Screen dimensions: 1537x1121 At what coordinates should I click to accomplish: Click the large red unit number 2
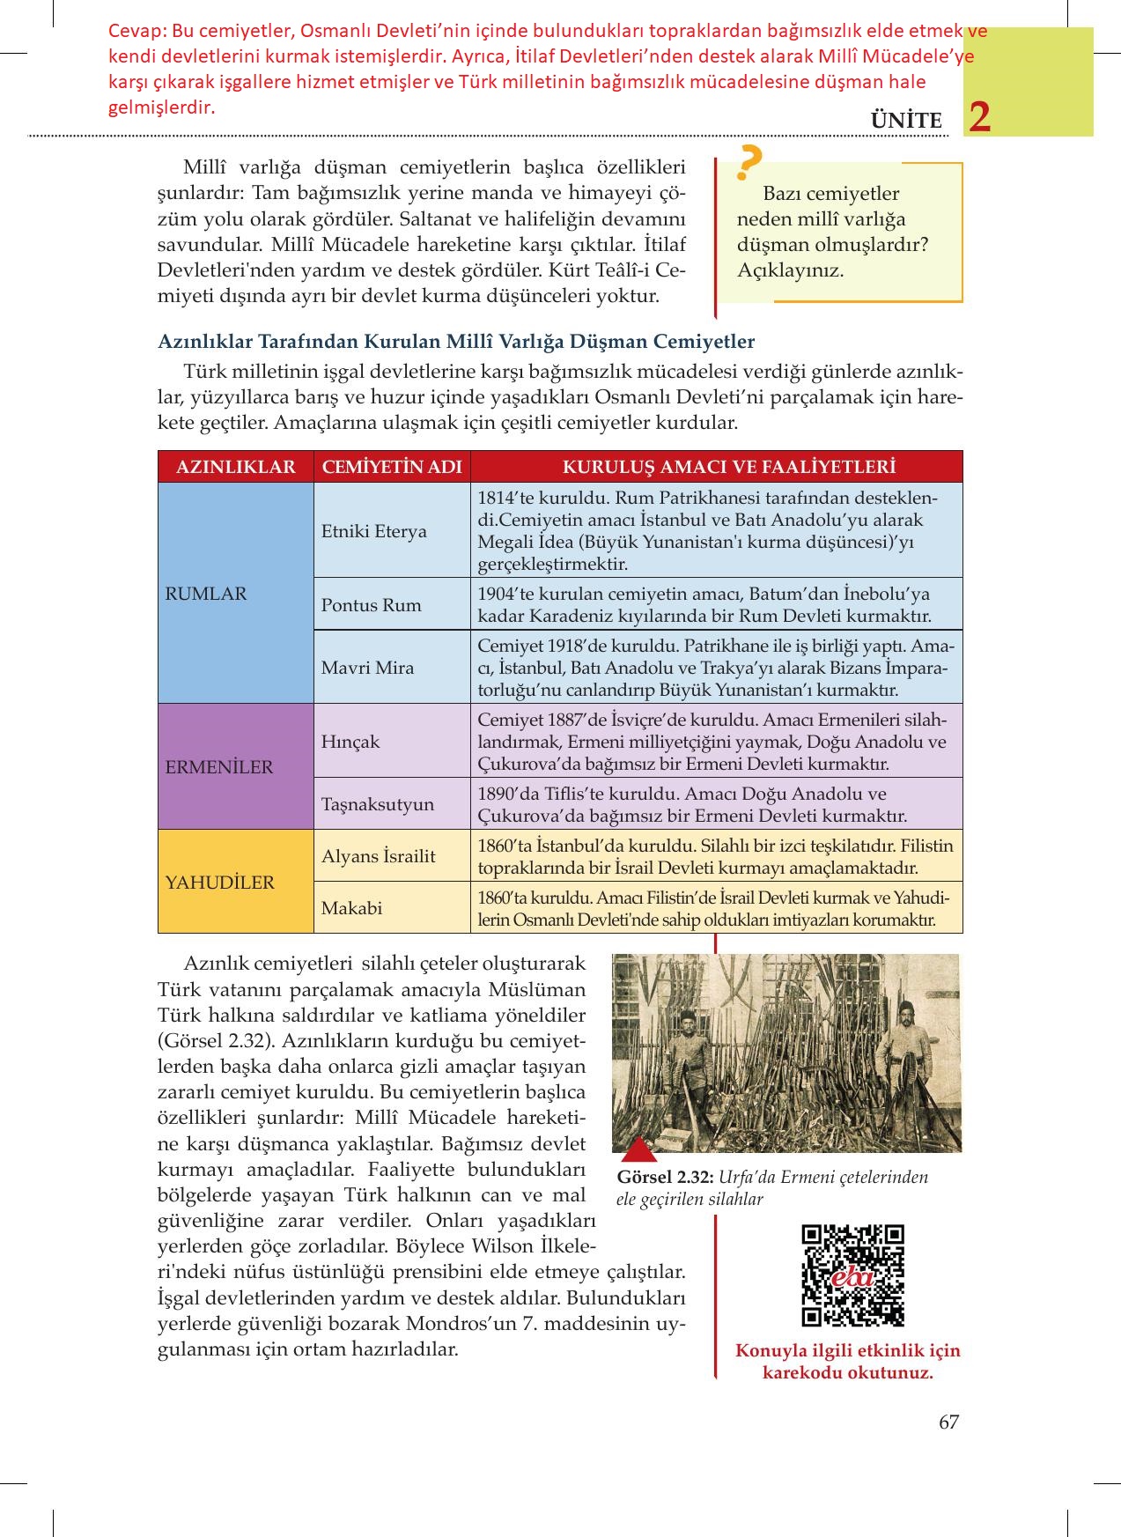979,118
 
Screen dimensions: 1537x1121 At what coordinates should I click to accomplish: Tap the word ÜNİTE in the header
906,121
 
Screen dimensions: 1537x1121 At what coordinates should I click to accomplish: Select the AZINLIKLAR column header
235,467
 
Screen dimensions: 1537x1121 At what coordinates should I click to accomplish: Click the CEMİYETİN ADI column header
392,467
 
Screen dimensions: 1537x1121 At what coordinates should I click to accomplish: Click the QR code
853,1275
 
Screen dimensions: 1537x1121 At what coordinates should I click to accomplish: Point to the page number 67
948,1422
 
